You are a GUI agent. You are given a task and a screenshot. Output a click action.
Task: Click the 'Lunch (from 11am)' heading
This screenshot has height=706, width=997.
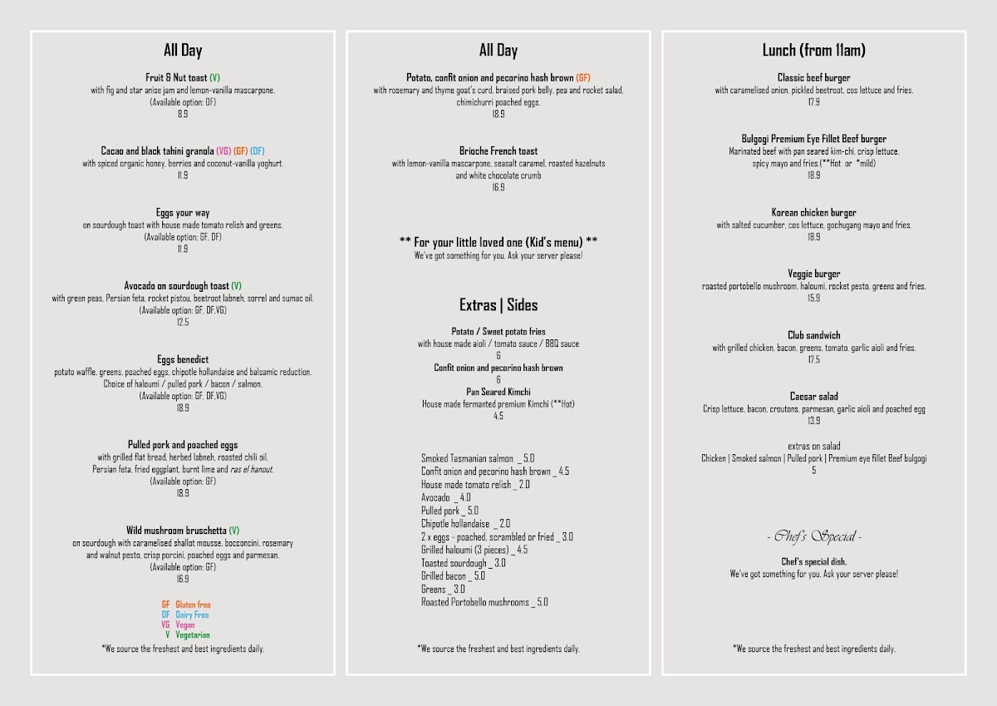click(813, 51)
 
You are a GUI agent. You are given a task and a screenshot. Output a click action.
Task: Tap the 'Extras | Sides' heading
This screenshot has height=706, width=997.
click(498, 305)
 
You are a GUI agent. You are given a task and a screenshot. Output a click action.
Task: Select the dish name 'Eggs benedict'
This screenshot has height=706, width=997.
click(183, 360)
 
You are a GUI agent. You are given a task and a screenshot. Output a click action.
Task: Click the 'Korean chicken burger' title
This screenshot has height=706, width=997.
click(813, 213)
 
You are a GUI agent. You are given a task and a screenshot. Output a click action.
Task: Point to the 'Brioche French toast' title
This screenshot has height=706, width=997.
click(498, 151)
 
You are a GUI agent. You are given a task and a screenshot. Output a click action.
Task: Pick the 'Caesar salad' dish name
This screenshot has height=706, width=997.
click(813, 397)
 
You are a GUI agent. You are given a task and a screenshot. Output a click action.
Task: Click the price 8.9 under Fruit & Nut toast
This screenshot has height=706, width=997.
click(183, 114)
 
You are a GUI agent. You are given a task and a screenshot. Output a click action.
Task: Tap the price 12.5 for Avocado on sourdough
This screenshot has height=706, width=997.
click(183, 322)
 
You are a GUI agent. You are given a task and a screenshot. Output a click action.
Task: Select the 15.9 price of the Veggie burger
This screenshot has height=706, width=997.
click(813, 298)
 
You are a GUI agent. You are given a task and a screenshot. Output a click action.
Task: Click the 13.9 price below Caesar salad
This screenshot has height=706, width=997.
click(813, 421)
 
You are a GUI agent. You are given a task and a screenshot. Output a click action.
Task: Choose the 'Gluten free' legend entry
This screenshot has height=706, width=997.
click(187, 605)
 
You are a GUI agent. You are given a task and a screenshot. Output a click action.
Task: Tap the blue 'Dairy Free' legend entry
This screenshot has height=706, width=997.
click(186, 615)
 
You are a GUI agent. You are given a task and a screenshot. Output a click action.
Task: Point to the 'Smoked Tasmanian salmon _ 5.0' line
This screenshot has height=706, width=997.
click(477, 458)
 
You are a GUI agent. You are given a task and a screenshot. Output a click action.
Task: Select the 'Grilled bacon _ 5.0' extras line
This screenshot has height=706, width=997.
click(453, 575)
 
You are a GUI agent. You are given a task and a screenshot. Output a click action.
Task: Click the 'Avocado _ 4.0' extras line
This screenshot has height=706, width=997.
click(445, 497)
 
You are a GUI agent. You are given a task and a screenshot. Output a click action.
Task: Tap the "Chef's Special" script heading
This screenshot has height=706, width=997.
click(813, 536)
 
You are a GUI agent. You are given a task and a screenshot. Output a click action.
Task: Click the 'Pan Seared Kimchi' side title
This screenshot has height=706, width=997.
click(498, 392)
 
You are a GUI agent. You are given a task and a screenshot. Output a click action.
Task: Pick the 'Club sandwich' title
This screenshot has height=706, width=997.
click(813, 336)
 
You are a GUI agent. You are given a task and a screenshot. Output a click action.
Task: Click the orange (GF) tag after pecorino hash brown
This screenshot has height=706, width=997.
click(583, 78)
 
